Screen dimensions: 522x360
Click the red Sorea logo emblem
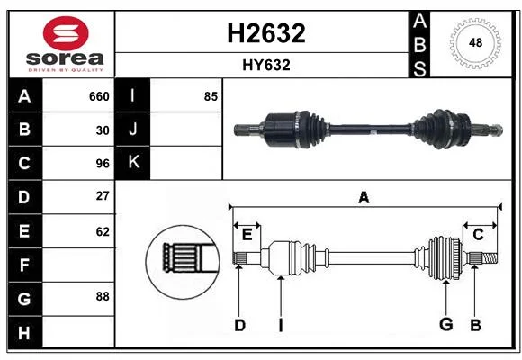(66, 33)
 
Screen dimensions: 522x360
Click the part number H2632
(266, 33)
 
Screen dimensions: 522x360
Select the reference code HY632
(266, 66)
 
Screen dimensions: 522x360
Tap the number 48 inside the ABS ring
(475, 42)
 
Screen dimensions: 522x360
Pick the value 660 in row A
(99, 96)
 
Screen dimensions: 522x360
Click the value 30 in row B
(103, 130)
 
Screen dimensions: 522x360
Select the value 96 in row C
(103, 164)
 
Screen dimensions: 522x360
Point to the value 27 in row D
(103, 196)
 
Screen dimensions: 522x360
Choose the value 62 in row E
(103, 231)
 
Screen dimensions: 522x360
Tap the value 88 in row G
(103, 296)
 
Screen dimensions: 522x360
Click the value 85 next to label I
(211, 96)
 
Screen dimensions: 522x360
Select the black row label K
(132, 163)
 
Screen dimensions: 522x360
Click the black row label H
(25, 332)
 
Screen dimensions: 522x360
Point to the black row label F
(25, 265)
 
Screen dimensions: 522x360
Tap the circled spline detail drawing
(183, 262)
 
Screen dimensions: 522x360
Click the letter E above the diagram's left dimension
(247, 235)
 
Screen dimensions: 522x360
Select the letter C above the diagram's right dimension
(478, 235)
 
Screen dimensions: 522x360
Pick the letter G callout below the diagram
(446, 324)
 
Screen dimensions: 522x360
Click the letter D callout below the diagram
(239, 325)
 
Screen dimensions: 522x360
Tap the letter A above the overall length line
(364, 197)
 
